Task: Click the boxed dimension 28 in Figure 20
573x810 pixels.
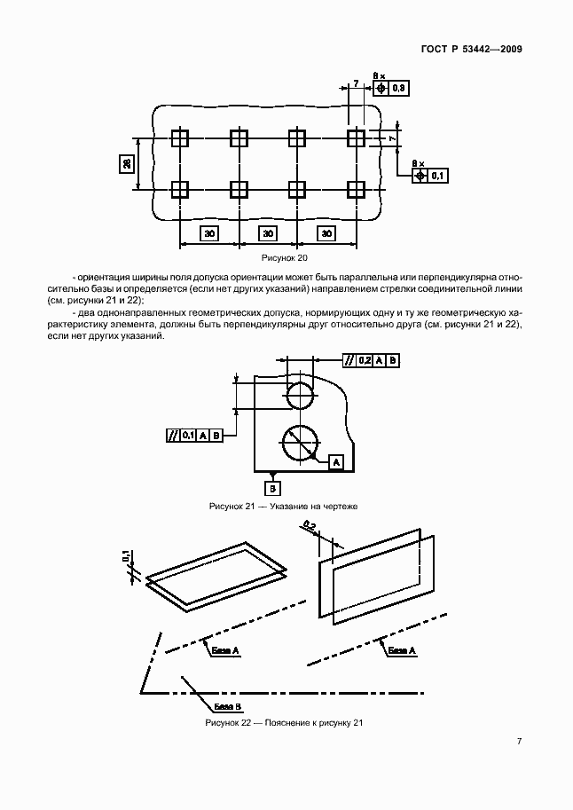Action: point(128,163)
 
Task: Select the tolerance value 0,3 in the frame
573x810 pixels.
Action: point(398,88)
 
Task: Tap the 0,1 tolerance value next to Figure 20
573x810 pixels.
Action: point(437,177)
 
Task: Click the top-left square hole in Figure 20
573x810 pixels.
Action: point(180,138)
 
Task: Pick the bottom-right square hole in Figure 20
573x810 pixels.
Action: point(356,189)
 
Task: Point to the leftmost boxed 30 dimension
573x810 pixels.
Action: point(209,233)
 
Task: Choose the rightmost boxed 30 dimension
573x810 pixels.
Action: point(326,233)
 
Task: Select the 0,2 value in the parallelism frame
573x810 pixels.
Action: point(364,360)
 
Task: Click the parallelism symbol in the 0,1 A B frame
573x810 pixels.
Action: point(172,435)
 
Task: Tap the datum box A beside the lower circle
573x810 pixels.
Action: point(335,462)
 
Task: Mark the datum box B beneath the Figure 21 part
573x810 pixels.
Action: point(273,488)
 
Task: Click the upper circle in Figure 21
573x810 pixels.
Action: point(299,397)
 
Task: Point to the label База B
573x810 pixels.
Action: point(227,706)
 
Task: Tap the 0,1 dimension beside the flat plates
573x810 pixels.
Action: point(127,557)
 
